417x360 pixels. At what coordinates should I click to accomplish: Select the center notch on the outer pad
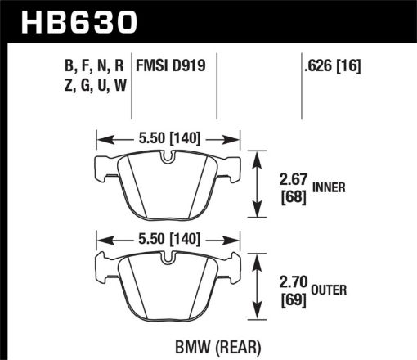coord(168,261)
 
